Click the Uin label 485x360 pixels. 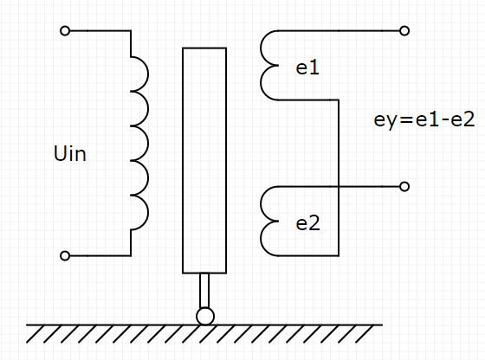point(70,155)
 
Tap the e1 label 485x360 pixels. point(307,67)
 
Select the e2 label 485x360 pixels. point(307,222)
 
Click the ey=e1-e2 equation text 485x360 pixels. point(424,120)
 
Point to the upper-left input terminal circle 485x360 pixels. point(65,31)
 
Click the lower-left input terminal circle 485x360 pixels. point(65,256)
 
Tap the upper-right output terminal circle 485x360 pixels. point(404,31)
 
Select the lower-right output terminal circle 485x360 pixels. point(404,187)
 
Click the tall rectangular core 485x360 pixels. point(204,160)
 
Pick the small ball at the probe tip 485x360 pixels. point(204,317)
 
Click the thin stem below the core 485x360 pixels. point(204,290)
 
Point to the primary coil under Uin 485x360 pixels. point(139,144)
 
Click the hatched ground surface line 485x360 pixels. point(204,326)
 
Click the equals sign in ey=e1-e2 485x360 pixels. point(405,121)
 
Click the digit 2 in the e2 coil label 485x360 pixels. point(314,222)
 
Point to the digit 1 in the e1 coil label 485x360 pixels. point(314,67)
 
